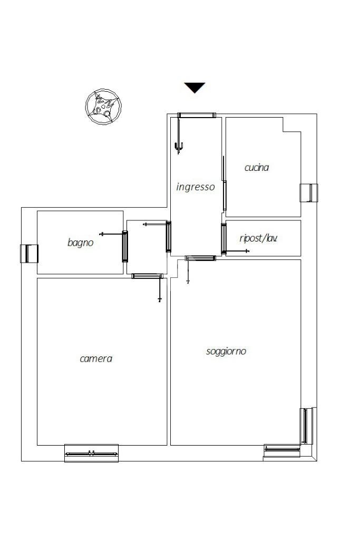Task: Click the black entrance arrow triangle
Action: click(194, 87)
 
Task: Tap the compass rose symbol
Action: click(103, 107)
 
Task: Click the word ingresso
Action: click(195, 187)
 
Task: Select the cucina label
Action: click(256, 168)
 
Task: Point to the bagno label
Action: click(80, 243)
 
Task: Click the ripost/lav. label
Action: click(258, 238)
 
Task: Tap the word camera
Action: click(96, 359)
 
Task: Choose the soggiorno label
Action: click(226, 351)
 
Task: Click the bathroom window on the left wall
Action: click(29, 254)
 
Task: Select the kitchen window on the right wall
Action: click(309, 193)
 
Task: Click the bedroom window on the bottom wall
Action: click(92, 453)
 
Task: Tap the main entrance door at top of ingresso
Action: click(197, 115)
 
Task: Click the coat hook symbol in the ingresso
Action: click(178, 147)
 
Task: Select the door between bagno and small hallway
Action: click(125, 247)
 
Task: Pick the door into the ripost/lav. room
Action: click(223, 239)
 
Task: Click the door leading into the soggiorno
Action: click(200, 258)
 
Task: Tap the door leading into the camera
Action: click(147, 276)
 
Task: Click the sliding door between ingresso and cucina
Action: click(225, 195)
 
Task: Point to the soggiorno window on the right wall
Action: click(306, 426)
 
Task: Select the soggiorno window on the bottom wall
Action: click(282, 450)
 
